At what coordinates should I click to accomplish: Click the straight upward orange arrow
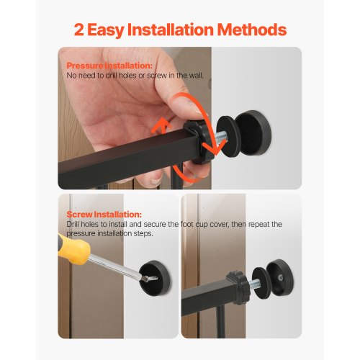[163, 137]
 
